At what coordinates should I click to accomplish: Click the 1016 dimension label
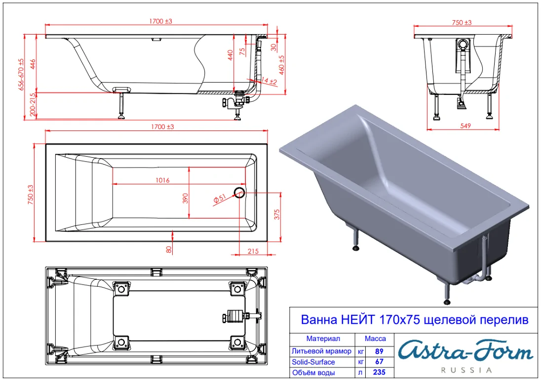(x=162, y=180)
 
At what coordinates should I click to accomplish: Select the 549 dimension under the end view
(x=465, y=126)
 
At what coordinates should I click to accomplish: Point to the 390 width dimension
(x=185, y=198)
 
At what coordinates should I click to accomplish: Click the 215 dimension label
(x=253, y=251)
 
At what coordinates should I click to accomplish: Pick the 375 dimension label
(x=277, y=214)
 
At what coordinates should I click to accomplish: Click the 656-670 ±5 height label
(x=21, y=75)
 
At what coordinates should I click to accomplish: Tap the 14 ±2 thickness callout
(x=269, y=81)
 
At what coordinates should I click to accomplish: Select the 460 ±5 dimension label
(x=281, y=65)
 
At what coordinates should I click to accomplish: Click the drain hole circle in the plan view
(x=239, y=192)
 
